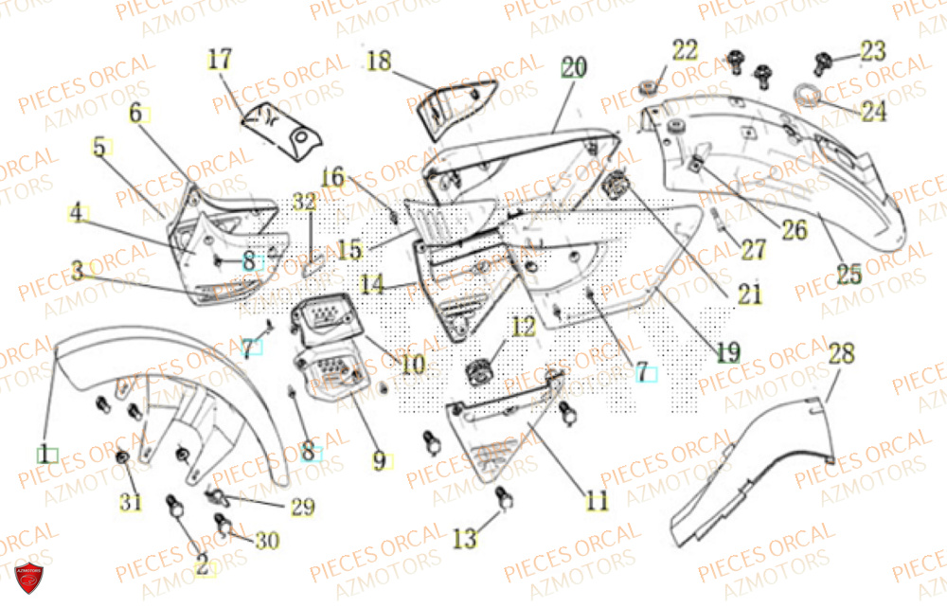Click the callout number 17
click(220, 61)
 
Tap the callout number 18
click(379, 62)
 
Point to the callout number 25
click(849, 275)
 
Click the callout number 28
click(841, 355)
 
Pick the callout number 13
click(464, 539)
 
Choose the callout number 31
click(131, 503)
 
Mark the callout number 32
click(304, 202)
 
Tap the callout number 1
click(45, 454)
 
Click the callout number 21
click(750, 295)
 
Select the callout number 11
click(597, 501)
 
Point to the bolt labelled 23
click(821, 63)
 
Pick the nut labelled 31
click(122, 459)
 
